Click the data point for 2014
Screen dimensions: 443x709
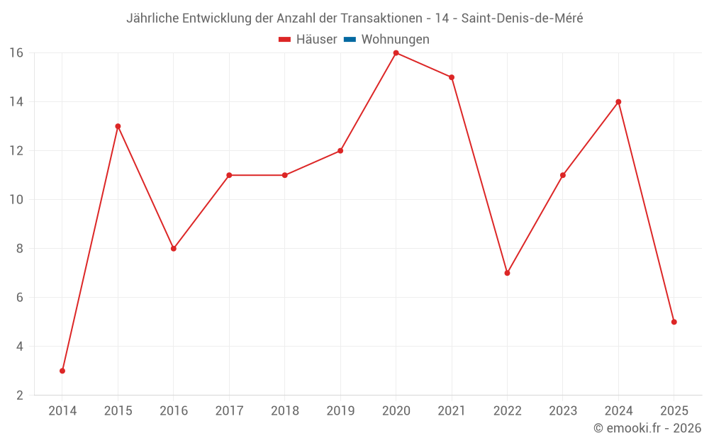coord(62,371)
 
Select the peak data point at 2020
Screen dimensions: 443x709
coord(396,52)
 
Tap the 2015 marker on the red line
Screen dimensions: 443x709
coord(118,126)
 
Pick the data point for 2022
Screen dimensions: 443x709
coord(507,273)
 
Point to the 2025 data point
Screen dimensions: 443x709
coord(674,322)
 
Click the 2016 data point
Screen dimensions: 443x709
coord(173,248)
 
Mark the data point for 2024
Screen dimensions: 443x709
coord(618,101)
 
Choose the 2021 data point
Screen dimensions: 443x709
coord(452,77)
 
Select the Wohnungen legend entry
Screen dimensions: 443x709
coord(395,40)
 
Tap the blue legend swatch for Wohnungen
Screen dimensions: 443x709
coord(350,40)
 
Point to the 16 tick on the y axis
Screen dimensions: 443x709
coord(16,52)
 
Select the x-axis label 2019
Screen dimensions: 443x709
coord(340,411)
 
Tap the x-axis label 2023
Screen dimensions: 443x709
coord(563,411)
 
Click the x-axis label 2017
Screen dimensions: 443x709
coord(229,411)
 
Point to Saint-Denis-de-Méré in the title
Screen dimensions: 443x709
coord(522,18)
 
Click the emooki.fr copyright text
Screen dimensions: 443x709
coord(647,428)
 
